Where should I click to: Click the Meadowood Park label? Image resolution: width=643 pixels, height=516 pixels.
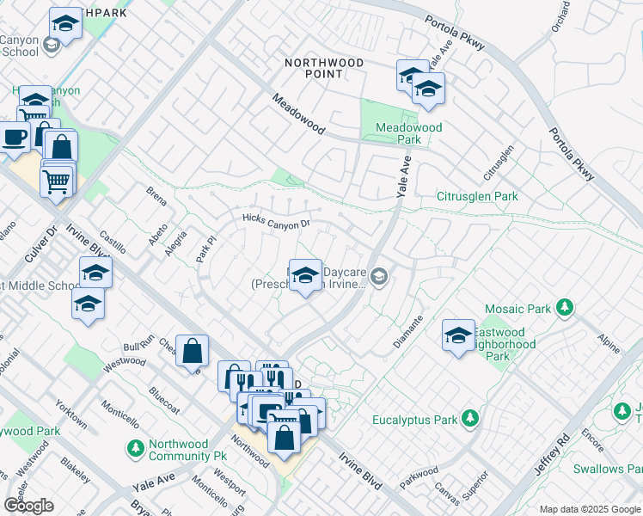(409, 133)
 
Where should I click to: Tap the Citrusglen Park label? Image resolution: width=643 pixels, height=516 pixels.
(477, 196)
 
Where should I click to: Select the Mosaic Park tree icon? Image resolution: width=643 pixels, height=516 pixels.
(565, 307)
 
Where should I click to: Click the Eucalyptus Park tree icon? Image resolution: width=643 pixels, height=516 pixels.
(469, 419)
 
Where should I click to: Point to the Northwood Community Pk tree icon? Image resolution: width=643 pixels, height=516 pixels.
(135, 448)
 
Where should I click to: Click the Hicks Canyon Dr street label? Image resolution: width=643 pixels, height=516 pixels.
(275, 222)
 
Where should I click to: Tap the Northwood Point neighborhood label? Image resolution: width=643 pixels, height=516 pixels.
(324, 69)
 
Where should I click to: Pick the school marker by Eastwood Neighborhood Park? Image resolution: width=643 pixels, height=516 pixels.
(458, 335)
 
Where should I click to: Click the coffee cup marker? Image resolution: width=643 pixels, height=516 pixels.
(15, 138)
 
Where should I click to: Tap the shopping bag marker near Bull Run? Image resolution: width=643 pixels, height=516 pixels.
(193, 350)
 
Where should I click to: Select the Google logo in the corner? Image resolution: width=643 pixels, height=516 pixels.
(28, 506)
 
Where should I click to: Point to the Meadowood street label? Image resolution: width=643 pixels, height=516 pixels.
(298, 114)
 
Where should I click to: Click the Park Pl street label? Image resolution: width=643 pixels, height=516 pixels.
(205, 252)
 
